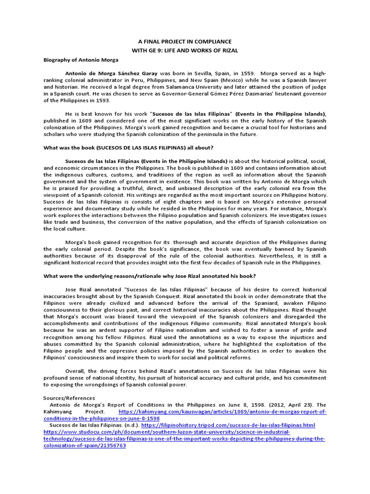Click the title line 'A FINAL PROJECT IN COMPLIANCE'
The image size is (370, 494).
[x=185, y=42]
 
